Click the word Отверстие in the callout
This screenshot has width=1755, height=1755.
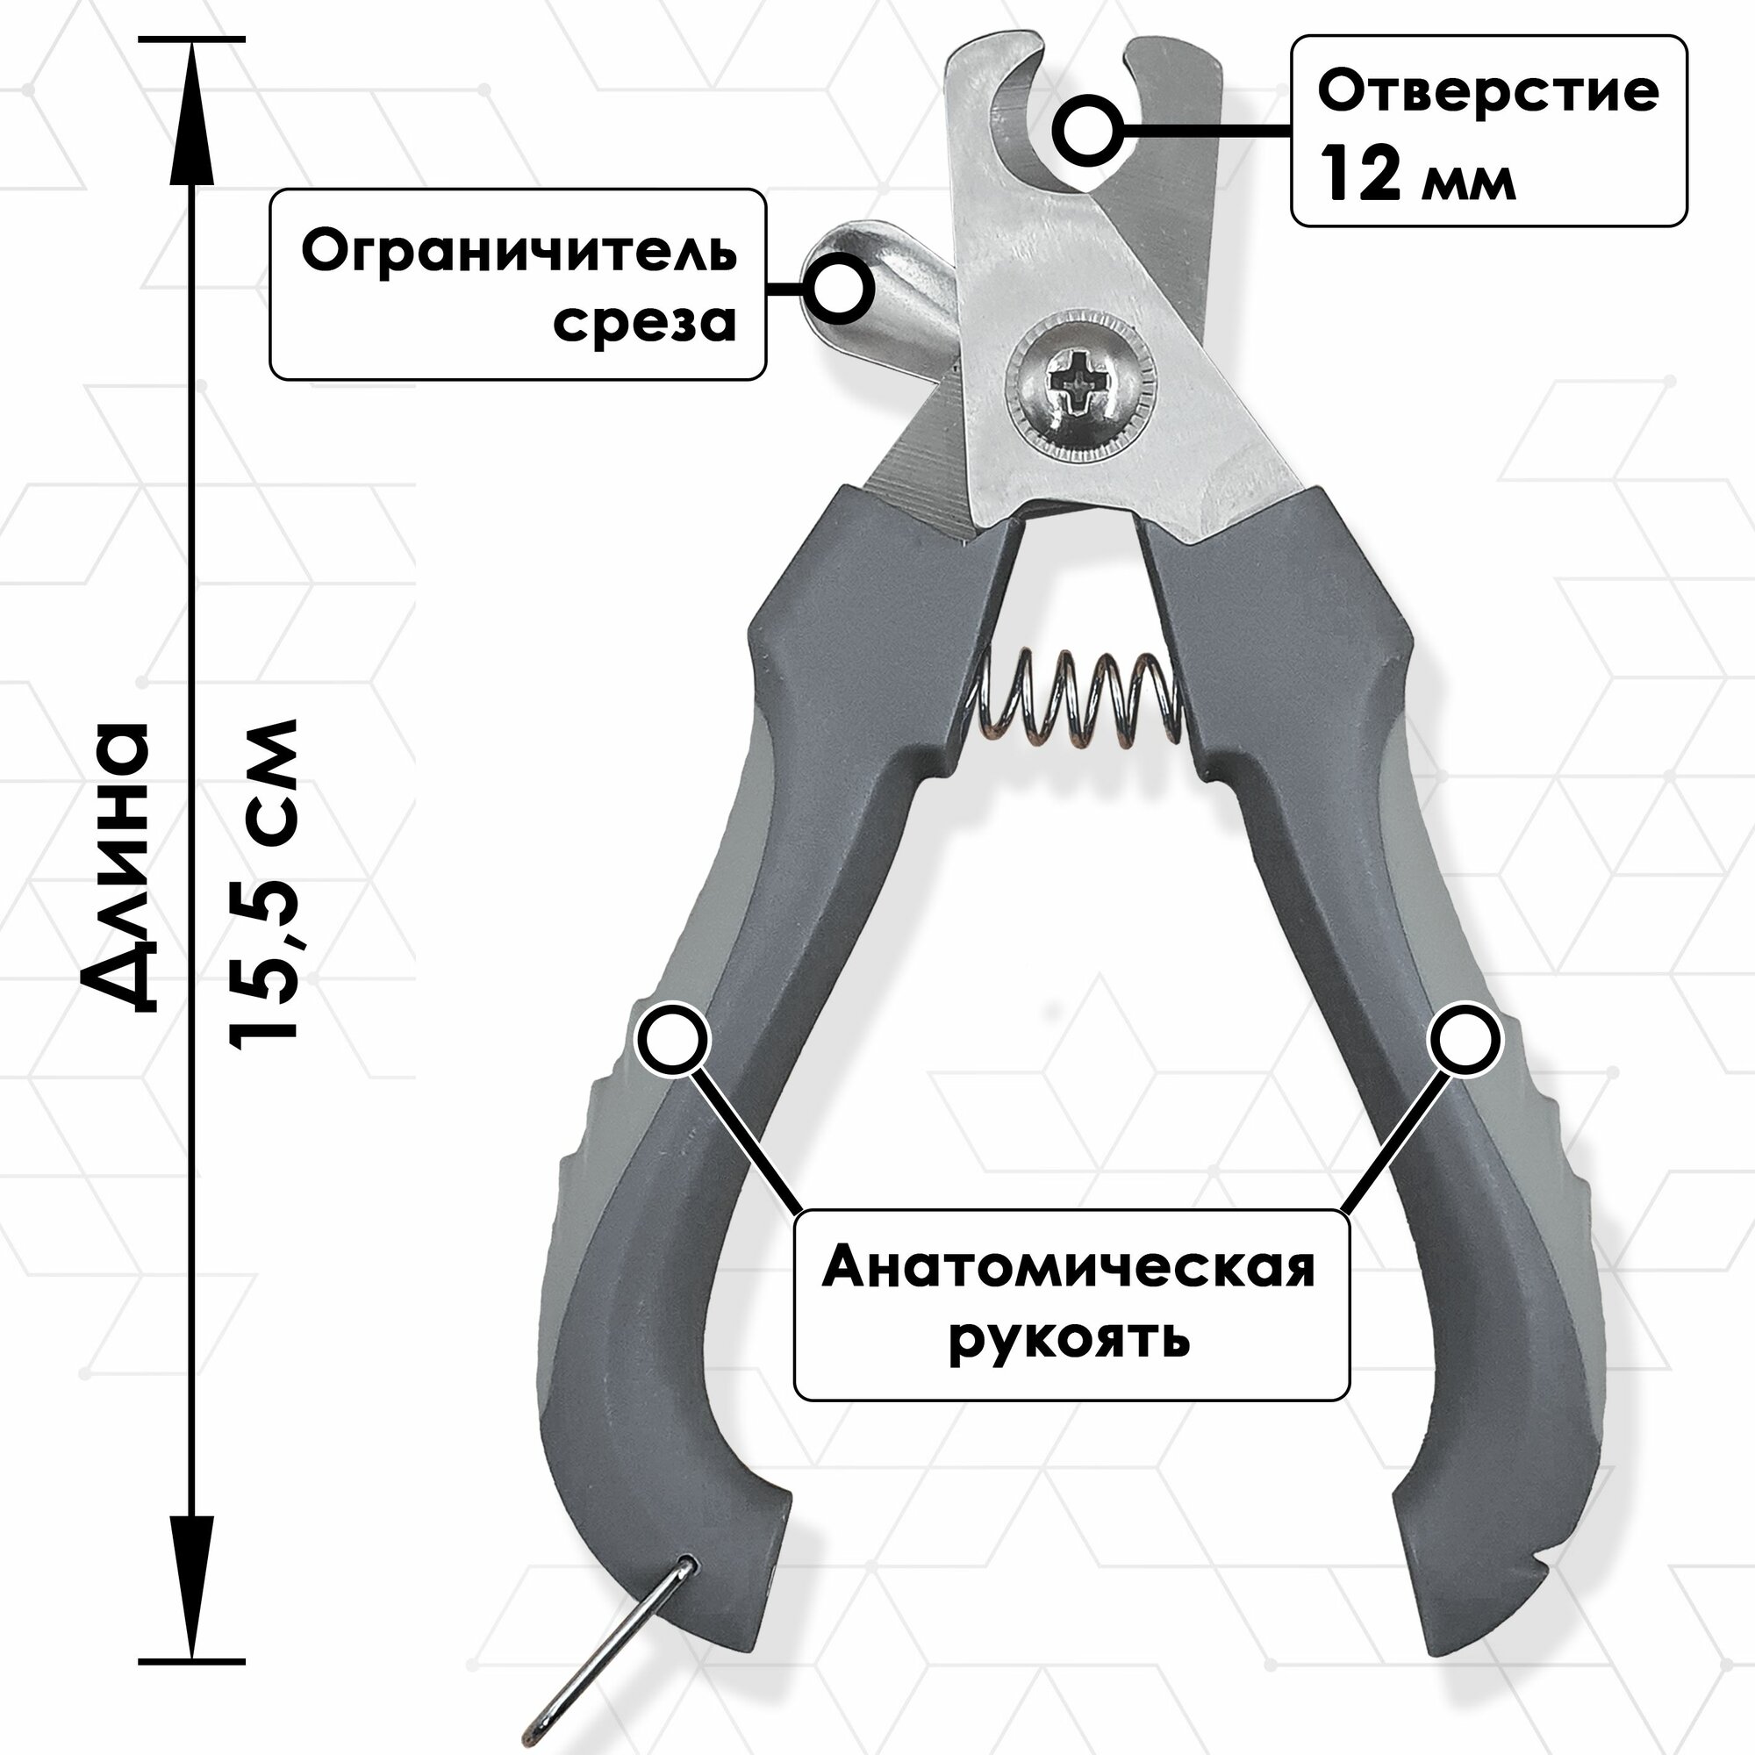click(1489, 92)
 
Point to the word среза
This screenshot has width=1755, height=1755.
click(644, 322)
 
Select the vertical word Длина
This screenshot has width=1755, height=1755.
click(117, 867)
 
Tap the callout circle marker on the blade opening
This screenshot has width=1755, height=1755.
click(1085, 133)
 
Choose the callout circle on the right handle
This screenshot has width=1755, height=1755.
click(1465, 1041)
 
